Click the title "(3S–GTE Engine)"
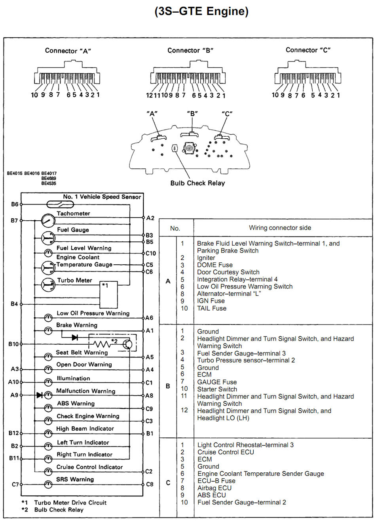201,11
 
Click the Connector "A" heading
68,51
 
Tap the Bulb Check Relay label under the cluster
197,183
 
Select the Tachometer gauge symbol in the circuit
48,220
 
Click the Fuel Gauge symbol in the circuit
48,237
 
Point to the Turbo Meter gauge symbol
48,284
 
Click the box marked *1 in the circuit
108,295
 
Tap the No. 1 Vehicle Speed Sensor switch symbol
60,204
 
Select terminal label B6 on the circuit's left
15,204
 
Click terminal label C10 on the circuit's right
151,253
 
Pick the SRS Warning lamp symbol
48,484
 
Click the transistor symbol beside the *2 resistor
127,344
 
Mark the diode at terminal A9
40,395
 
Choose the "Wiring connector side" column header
280,228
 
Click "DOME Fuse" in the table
215,265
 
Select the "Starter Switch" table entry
217,389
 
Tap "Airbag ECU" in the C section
215,488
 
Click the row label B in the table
168,386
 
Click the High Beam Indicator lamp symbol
48,433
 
